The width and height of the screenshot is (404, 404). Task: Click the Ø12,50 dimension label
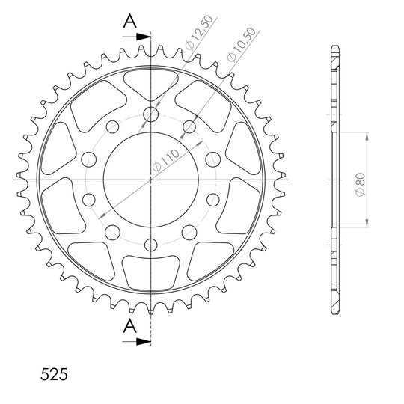click(199, 32)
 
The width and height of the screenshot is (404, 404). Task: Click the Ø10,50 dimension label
click(242, 45)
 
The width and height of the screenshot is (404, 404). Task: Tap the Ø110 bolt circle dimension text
click(165, 161)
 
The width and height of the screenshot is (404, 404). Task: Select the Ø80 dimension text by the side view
click(360, 184)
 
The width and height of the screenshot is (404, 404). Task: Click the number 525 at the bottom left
click(54, 374)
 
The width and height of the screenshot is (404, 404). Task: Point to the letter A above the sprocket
click(130, 22)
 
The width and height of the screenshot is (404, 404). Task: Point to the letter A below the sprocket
click(130, 326)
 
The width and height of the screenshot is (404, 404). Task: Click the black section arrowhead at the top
click(143, 37)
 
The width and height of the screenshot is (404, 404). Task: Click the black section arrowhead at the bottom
click(143, 342)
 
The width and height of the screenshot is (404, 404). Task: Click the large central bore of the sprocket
click(151, 180)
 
